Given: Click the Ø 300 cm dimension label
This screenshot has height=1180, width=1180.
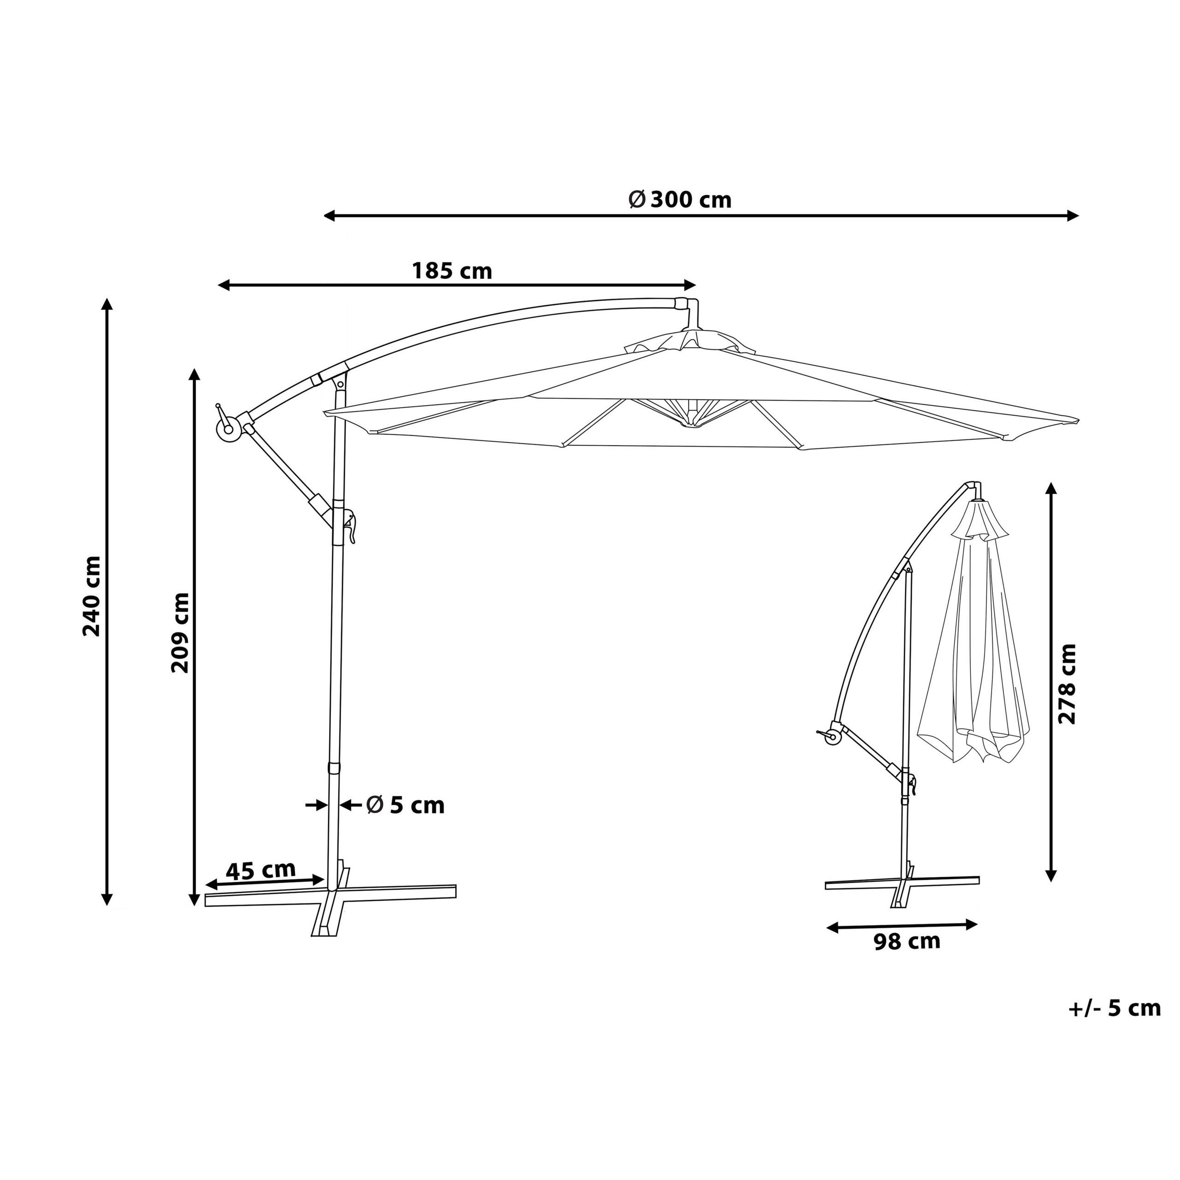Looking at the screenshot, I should tap(680, 200).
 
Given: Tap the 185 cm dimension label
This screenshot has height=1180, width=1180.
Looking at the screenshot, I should tap(452, 271).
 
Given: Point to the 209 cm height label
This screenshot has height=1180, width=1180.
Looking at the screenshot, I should tap(180, 632).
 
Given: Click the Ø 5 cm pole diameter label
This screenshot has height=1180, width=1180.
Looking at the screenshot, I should tap(406, 805).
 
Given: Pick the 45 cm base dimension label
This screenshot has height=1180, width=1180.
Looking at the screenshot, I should tap(261, 870).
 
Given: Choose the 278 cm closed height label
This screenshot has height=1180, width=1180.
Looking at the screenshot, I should tap(1067, 684).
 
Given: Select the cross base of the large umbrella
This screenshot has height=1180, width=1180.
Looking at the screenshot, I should tap(330, 898).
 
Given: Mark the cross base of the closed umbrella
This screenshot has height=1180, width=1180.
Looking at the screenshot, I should tap(902, 885).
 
